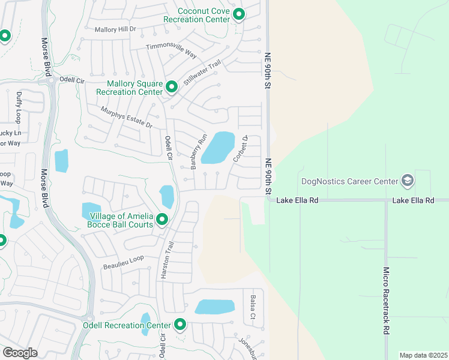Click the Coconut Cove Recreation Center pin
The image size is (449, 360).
tap(238, 14)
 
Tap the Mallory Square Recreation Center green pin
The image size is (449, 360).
tap(171, 87)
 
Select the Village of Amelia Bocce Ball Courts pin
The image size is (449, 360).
tap(161, 220)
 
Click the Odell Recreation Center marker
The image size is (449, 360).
tap(179, 325)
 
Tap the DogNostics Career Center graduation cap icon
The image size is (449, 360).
tap(407, 181)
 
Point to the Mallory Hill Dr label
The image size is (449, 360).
tap(116, 29)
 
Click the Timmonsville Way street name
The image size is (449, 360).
tap(171, 50)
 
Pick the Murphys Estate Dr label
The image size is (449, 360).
tap(127, 116)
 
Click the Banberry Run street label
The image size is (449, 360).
tap(198, 151)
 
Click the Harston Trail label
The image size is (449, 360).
tap(167, 260)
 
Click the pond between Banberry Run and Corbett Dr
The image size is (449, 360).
tap(217, 148)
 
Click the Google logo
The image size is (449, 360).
tap(20, 353)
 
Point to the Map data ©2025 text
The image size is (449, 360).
tap(423, 355)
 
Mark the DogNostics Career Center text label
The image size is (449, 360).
tap(348, 181)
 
